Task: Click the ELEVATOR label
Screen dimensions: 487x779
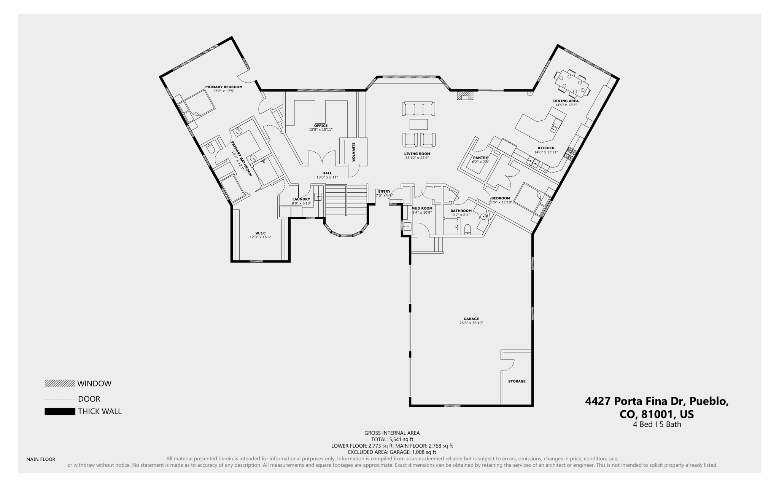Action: [x=353, y=152]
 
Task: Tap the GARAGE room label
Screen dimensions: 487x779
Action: [x=471, y=319]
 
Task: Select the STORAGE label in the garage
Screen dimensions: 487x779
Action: [x=517, y=381]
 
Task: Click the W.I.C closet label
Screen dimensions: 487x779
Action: [x=261, y=233]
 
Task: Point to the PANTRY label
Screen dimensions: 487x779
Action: [x=480, y=158]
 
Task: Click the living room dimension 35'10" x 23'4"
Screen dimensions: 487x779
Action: [x=417, y=158]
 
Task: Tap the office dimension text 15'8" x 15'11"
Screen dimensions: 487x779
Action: [x=321, y=129]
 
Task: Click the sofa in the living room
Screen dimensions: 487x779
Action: [x=418, y=109]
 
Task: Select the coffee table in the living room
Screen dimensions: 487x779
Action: [x=418, y=125]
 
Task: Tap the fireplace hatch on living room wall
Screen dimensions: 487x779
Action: [x=465, y=95]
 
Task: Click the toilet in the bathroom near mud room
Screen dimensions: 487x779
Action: [x=468, y=230]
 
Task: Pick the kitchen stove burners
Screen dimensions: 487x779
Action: [x=571, y=153]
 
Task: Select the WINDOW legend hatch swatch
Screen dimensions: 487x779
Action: [x=60, y=383]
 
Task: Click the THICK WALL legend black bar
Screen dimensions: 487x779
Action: [x=60, y=411]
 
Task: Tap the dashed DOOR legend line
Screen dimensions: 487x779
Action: [x=60, y=399]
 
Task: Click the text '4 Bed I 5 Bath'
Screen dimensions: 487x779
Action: [x=657, y=424]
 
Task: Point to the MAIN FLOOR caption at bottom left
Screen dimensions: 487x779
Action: [x=41, y=459]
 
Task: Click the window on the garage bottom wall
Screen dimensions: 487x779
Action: [x=452, y=406]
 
